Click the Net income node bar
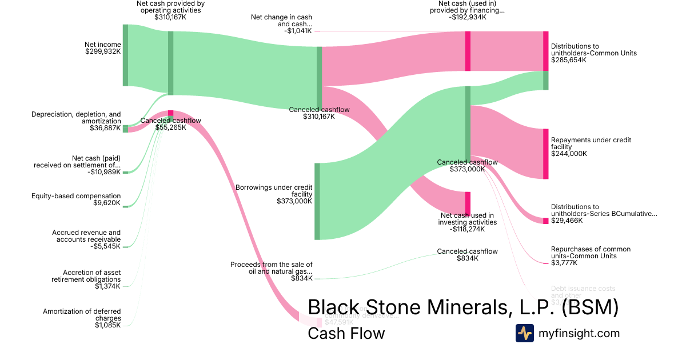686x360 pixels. (x=125, y=55)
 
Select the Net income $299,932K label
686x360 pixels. (x=103, y=47)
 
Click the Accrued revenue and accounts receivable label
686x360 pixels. (x=86, y=239)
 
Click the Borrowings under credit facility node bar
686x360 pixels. (x=317, y=201)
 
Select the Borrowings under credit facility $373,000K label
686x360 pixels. (x=274, y=194)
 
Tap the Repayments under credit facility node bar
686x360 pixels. (x=545, y=154)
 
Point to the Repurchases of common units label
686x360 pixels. (x=591, y=256)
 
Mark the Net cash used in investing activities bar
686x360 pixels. (x=468, y=203)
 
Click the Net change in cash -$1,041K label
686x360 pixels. (x=281, y=24)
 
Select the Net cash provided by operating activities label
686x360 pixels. (x=170, y=10)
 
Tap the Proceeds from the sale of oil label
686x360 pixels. (x=272, y=271)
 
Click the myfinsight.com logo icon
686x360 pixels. (x=524, y=333)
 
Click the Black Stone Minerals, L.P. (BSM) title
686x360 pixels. (x=463, y=307)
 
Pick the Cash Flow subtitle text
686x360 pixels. (x=346, y=333)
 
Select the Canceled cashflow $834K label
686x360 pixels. (x=467, y=255)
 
